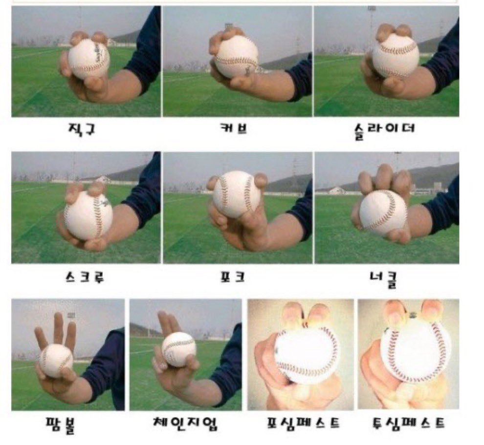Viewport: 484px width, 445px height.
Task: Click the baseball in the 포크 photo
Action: click(237, 194)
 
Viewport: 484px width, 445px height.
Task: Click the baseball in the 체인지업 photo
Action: click(178, 349)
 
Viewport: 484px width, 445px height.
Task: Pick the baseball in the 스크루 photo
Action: click(88, 215)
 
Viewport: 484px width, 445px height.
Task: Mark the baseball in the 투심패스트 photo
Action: click(416, 351)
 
